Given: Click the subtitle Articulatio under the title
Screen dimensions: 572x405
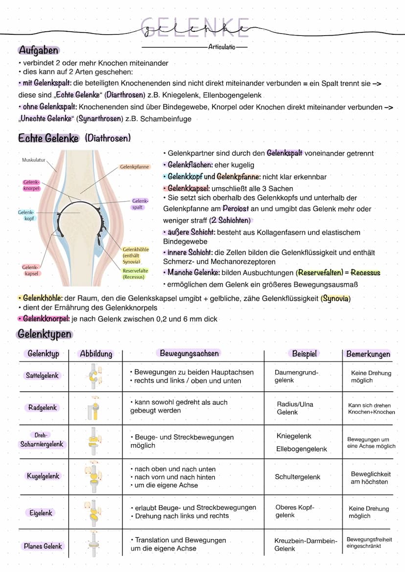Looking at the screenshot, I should (x=222, y=47).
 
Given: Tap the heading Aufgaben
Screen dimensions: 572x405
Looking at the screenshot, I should (x=38, y=50).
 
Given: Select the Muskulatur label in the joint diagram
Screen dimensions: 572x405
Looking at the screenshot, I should (x=34, y=160).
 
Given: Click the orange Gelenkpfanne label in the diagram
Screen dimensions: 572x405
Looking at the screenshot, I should (x=135, y=167).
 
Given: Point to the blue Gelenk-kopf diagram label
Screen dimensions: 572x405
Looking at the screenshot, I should (x=26, y=215).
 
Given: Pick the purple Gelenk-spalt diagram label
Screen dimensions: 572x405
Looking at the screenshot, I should (x=140, y=204).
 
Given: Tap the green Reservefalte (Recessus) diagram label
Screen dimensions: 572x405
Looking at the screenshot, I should (x=135, y=274).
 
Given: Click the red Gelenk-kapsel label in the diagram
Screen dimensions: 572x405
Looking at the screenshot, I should (x=30, y=271).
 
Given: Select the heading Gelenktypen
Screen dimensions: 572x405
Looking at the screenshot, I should (x=45, y=335).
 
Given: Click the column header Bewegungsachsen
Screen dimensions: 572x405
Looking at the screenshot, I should (x=189, y=353).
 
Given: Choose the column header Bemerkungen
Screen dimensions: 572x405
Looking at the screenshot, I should (x=368, y=354).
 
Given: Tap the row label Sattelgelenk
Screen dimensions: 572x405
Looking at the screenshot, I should (x=43, y=376).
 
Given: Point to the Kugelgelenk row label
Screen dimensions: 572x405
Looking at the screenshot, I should (x=43, y=476).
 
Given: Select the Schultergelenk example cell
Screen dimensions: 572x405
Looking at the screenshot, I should (x=297, y=477).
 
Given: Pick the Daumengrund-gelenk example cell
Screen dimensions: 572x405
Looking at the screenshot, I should (x=296, y=376).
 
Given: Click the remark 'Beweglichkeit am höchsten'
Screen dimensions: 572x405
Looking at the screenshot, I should (x=370, y=478).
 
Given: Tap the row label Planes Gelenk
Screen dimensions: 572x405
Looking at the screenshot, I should (x=43, y=546).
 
